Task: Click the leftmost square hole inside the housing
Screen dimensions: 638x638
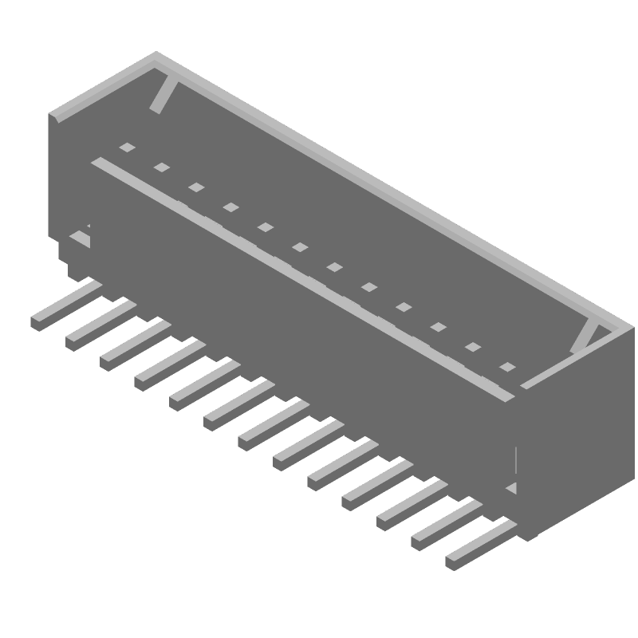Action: (x=127, y=148)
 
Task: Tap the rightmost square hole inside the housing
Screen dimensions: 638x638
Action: (x=506, y=367)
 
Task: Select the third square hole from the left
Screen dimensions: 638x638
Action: (x=196, y=187)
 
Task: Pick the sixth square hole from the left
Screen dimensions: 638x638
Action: (x=300, y=247)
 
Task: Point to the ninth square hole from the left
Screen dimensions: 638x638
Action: (x=404, y=307)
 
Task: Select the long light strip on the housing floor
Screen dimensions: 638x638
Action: (x=303, y=279)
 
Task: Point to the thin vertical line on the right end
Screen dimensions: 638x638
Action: (x=517, y=460)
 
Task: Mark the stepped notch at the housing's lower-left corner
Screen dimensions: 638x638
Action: (x=76, y=251)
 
